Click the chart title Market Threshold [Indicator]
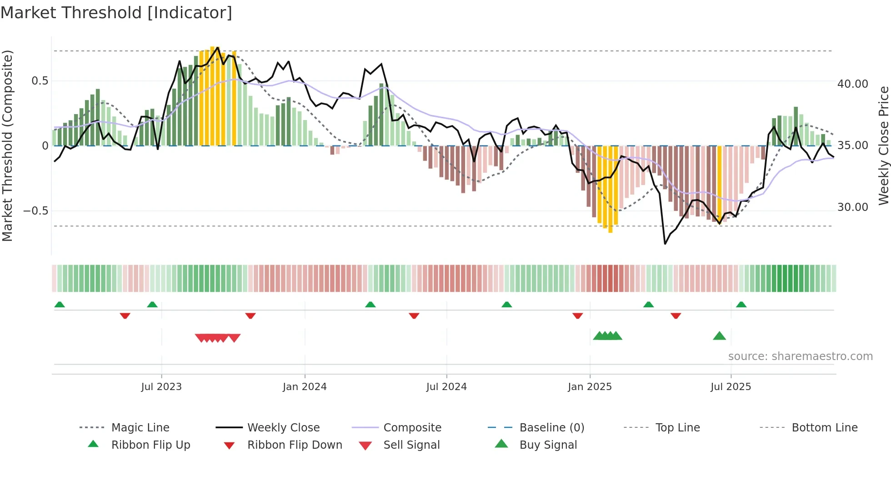pyautogui.click(x=116, y=13)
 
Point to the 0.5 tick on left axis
pyautogui.click(x=40, y=81)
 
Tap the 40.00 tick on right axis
pyautogui.click(x=852, y=84)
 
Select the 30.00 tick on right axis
pyautogui.click(x=852, y=207)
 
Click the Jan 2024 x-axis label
pyautogui.click(x=305, y=387)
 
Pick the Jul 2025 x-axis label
pyautogui.click(x=731, y=387)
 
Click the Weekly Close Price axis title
pyautogui.click(x=883, y=145)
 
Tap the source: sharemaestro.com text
pyautogui.click(x=800, y=356)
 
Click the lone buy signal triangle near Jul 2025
pyautogui.click(x=719, y=336)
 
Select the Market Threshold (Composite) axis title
pyautogui.click(x=7, y=145)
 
